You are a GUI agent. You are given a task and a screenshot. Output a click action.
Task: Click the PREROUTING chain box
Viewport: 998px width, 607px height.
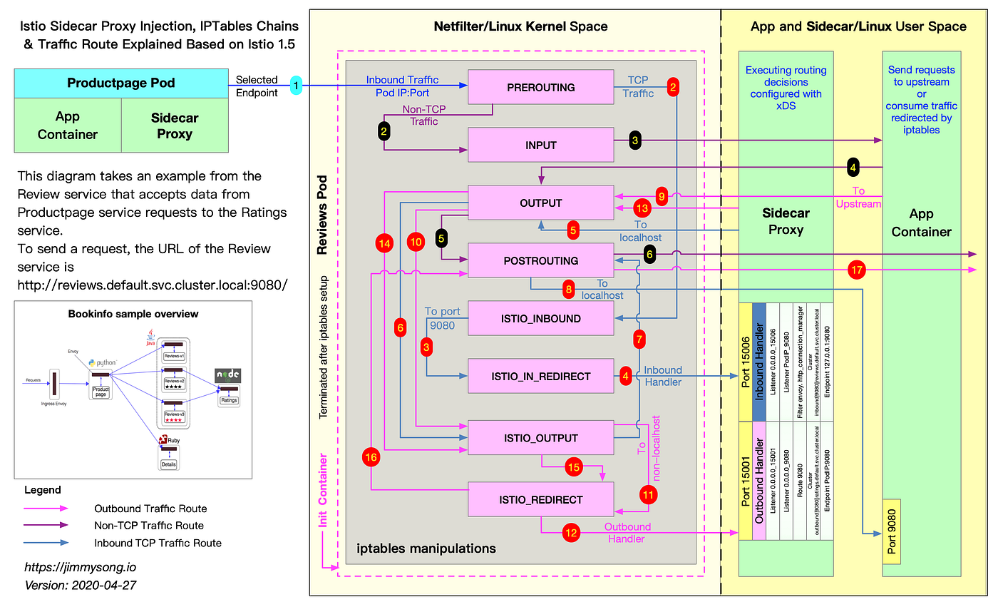pyautogui.click(x=540, y=88)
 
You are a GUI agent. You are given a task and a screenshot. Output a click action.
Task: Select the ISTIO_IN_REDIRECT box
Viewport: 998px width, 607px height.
pyautogui.click(x=540, y=377)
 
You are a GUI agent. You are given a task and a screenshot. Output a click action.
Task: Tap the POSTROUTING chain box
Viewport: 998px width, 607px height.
pyautogui.click(x=540, y=260)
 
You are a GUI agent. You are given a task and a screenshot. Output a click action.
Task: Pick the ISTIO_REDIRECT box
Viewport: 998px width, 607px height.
pyautogui.click(x=540, y=499)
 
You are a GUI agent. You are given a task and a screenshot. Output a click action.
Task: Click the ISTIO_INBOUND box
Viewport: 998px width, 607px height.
pyautogui.click(x=540, y=318)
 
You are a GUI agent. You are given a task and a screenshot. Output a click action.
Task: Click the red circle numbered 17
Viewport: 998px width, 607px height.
pyautogui.click(x=857, y=270)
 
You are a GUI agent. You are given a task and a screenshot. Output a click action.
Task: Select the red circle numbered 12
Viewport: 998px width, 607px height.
pyautogui.click(x=571, y=531)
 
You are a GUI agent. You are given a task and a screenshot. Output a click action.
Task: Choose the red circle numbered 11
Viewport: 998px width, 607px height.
pyautogui.click(x=648, y=494)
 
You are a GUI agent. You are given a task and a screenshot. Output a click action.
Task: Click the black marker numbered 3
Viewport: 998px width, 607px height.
pyautogui.click(x=634, y=141)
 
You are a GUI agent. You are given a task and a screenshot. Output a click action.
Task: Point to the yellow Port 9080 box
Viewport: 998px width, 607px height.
pyautogui.click(x=891, y=531)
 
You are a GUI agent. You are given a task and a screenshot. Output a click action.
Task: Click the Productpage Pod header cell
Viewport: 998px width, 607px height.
pyautogui.click(x=121, y=83)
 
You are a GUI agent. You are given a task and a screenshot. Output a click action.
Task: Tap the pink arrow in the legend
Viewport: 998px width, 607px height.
pyautogui.click(x=46, y=509)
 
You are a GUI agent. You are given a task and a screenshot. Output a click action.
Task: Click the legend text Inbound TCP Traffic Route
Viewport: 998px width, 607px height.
pyautogui.click(x=158, y=543)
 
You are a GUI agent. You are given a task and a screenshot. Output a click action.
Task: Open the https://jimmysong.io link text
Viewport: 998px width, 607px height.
pyautogui.click(x=79, y=568)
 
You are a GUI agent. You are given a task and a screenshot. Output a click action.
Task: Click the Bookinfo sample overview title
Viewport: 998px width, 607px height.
pyautogui.click(x=133, y=314)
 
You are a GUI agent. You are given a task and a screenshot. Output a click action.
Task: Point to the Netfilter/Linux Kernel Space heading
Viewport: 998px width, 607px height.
pyautogui.click(x=520, y=26)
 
